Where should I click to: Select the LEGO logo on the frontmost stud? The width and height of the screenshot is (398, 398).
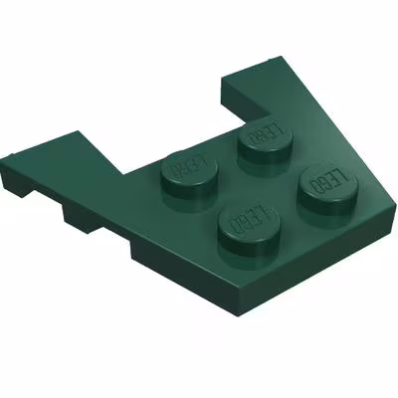(250, 219)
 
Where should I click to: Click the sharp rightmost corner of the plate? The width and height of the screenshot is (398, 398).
(396, 206)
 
